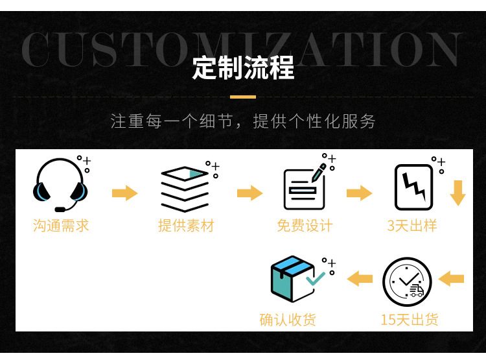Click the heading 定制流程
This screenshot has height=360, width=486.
click(x=243, y=68)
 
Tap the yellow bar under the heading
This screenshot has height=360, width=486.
click(x=243, y=97)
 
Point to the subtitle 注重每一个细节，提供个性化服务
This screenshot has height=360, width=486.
click(x=243, y=121)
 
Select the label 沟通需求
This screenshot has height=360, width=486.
click(x=61, y=226)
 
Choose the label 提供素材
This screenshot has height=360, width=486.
click(x=186, y=226)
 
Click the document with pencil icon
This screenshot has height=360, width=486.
click(x=304, y=186)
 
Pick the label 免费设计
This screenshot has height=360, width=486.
click(x=305, y=226)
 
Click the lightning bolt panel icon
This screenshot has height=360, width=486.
click(x=413, y=187)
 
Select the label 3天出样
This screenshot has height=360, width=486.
click(x=412, y=226)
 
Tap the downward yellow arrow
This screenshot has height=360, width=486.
click(x=458, y=193)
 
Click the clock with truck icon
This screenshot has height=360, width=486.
click(x=407, y=282)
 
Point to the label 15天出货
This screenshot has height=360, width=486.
click(x=409, y=319)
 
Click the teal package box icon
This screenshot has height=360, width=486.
click(x=293, y=279)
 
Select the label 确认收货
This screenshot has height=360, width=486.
click(x=288, y=319)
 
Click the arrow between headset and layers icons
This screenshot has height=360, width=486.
click(x=124, y=193)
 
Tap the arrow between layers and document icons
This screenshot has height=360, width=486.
click(x=249, y=193)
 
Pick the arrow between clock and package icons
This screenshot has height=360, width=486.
click(x=360, y=279)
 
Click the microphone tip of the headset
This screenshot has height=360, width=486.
click(x=60, y=210)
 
